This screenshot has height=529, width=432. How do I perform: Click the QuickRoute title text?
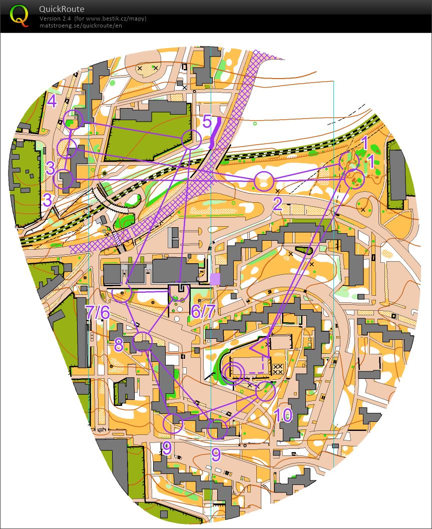(62, 9)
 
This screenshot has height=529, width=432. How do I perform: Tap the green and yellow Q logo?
(20, 15)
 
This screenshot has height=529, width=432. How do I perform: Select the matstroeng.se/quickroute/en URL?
(81, 25)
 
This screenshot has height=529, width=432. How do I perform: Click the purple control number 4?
(52, 101)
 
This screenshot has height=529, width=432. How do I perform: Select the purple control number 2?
(278, 203)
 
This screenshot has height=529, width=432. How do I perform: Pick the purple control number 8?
(119, 345)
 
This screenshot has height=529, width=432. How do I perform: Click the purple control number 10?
(283, 415)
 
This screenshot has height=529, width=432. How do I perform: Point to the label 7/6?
(98, 312)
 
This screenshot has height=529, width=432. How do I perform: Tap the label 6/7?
(203, 311)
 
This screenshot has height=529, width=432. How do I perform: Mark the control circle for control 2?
(264, 181)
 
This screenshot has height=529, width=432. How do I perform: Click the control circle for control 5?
(191, 139)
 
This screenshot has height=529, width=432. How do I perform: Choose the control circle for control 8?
(143, 342)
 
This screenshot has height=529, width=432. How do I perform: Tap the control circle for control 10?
(266, 391)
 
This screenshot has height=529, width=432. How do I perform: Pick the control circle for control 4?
(74, 119)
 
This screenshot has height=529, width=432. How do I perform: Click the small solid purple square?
(215, 279)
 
